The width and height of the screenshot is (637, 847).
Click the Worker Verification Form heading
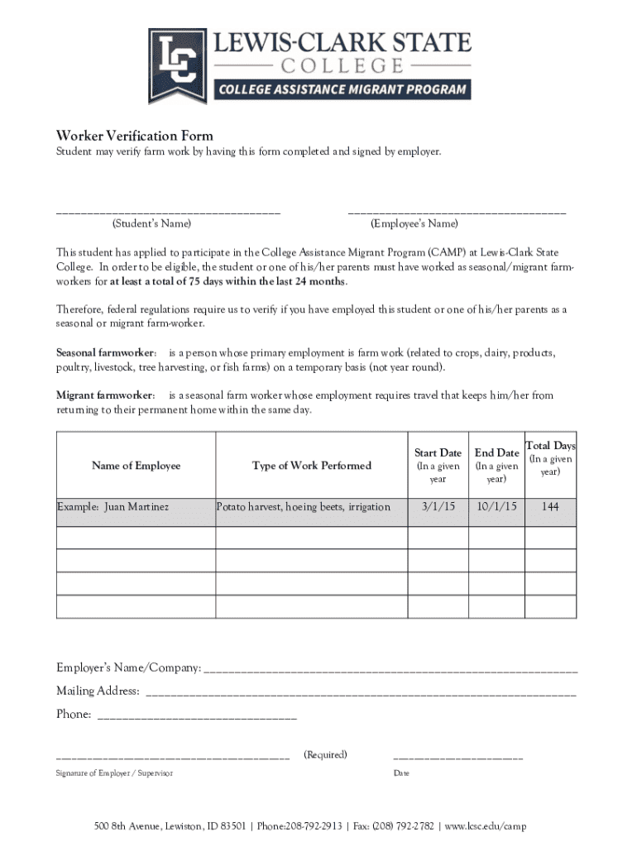click(x=134, y=136)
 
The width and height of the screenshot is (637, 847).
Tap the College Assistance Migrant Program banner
click(x=342, y=89)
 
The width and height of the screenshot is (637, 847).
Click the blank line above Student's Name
click(x=168, y=213)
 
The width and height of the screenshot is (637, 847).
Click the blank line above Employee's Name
click(x=457, y=213)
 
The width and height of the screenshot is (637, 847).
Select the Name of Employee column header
click(x=136, y=466)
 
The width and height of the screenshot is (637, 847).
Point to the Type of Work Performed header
click(x=312, y=466)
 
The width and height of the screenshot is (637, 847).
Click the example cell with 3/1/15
click(x=438, y=506)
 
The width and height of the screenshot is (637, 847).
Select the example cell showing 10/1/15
click(x=496, y=506)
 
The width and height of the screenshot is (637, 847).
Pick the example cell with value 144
click(x=550, y=506)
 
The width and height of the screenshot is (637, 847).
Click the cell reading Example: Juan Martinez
click(x=113, y=506)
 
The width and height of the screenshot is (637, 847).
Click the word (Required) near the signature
click(x=325, y=754)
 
